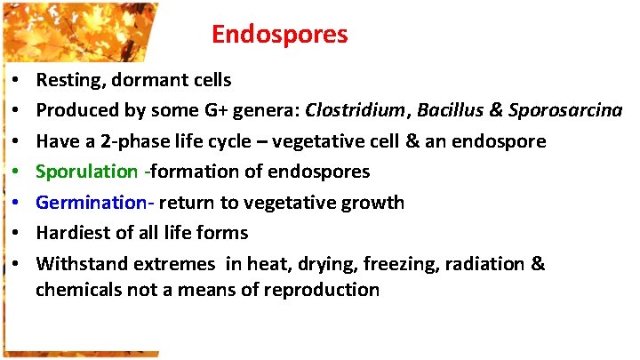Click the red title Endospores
coord(280,36)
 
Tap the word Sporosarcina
coord(564,111)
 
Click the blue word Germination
coord(92,203)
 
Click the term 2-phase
coord(119,141)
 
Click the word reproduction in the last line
coord(325,290)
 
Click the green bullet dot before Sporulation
coord(19,172)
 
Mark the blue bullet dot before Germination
coord(19,203)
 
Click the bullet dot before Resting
coord(19,81)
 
